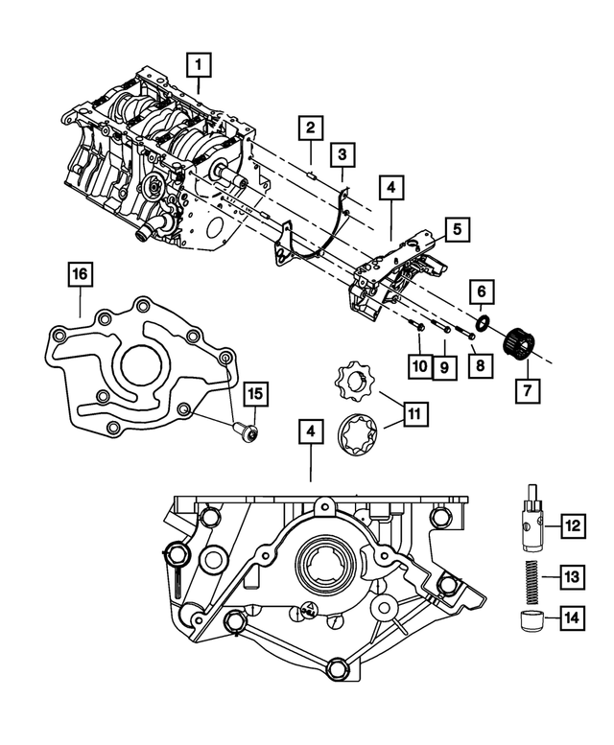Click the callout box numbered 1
coord(199,65)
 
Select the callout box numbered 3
coord(342,154)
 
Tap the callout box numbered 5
coord(457,229)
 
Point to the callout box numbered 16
coord(80,275)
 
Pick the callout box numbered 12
coord(573,524)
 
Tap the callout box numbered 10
coord(418,365)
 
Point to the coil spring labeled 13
coord(534,576)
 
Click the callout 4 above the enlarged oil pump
coord(309,432)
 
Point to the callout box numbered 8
coord(478,365)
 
